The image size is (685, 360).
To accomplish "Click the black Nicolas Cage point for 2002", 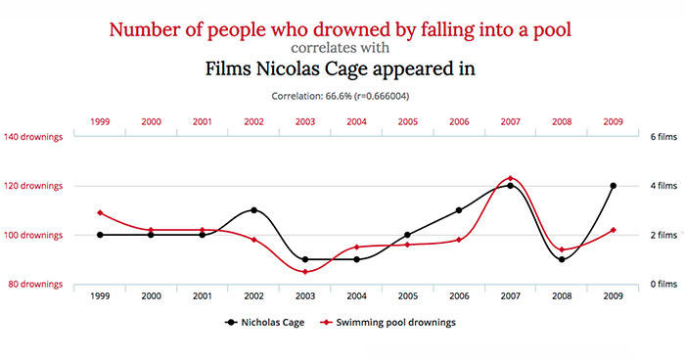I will pyautogui.click(x=253, y=210).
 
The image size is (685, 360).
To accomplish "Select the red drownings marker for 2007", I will pyautogui.click(x=510, y=178).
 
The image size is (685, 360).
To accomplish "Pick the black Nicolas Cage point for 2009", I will pyautogui.click(x=613, y=186).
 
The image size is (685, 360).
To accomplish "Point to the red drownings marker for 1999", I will pyautogui.click(x=100, y=212).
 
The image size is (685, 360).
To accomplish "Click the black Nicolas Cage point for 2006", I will pyautogui.click(x=459, y=210).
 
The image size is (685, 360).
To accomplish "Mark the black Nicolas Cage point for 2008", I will pyautogui.click(x=562, y=259).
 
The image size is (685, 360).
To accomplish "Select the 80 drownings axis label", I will pyautogui.click(x=35, y=285).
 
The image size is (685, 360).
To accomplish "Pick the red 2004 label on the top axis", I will pyautogui.click(x=356, y=121).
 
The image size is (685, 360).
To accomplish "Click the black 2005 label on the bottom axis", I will pyautogui.click(x=407, y=295).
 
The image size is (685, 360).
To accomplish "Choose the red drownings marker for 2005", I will pyautogui.click(x=407, y=245).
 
